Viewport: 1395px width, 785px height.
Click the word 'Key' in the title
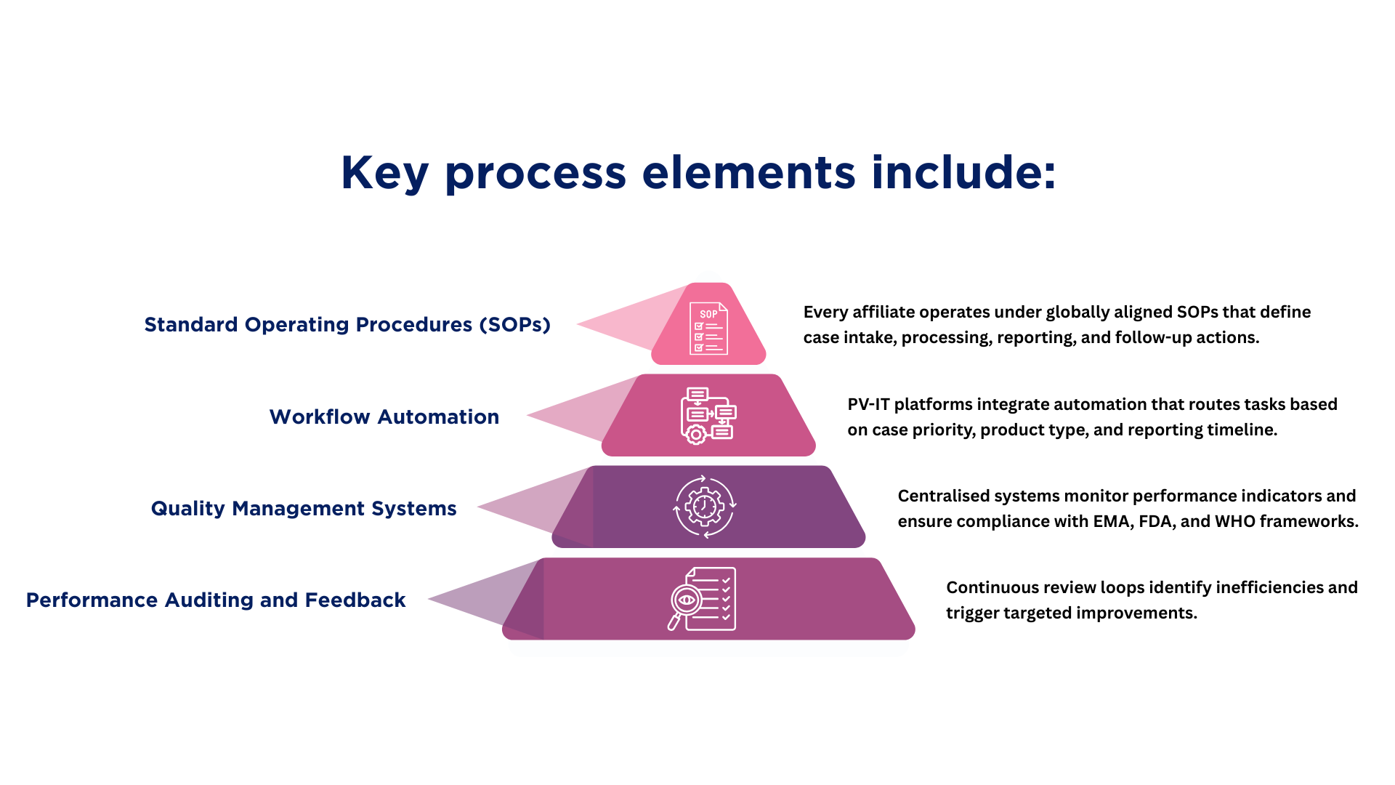point(384,174)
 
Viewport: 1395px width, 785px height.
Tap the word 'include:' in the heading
point(963,172)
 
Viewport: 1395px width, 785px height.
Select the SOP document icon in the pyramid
point(708,328)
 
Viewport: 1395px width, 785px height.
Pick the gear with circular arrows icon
point(704,507)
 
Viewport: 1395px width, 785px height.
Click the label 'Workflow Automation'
point(384,416)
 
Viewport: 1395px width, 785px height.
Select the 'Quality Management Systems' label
point(304,508)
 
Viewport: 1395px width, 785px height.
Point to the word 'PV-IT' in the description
point(868,404)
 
